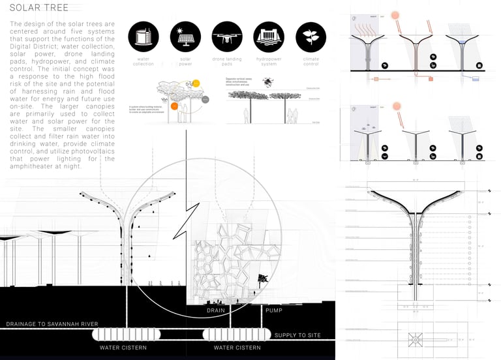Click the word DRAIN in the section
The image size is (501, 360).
coord(216,311)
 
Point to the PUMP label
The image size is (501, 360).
coord(273,311)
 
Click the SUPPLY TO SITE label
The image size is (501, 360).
coord(298,335)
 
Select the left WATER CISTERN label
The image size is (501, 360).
coord(123,348)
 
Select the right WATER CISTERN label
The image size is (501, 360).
coord(237,348)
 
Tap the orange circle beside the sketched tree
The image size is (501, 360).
coord(174,105)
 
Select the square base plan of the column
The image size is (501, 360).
coord(416,340)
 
